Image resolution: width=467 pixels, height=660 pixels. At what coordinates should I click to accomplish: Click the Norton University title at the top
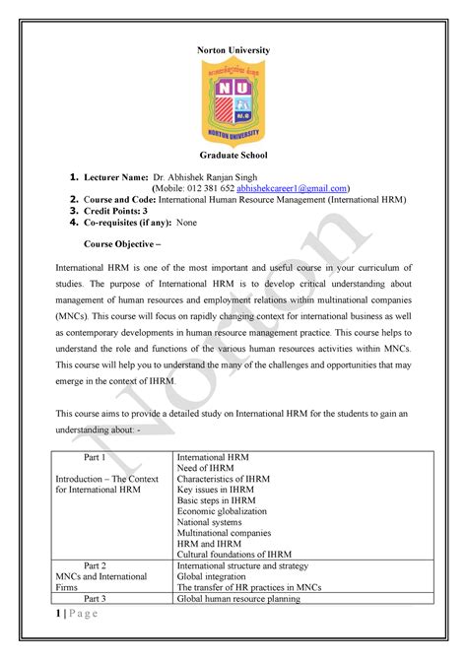pyautogui.click(x=233, y=50)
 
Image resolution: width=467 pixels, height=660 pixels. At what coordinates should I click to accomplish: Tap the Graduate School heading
pyautogui.click(x=233, y=156)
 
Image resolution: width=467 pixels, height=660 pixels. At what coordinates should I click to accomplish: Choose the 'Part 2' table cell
pyautogui.click(x=96, y=566)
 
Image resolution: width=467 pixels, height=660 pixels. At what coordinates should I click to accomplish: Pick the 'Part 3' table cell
pyautogui.click(x=96, y=598)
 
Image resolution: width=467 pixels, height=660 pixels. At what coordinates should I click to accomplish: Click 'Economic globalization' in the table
pyautogui.click(x=222, y=511)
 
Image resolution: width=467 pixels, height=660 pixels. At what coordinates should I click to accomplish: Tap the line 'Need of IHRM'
pyautogui.click(x=204, y=471)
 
